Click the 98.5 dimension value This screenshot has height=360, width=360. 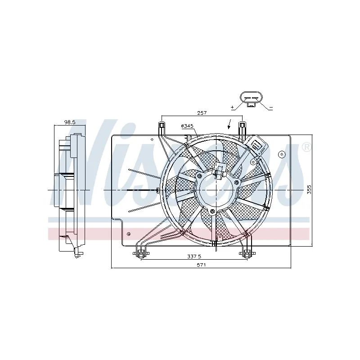tap(70, 122)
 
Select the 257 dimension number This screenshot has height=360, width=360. tap(202, 113)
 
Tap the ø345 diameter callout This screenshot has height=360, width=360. tap(187, 126)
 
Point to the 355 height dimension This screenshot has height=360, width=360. tap(309, 189)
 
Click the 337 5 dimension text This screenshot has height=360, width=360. tap(194, 256)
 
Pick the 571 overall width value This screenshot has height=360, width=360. tap(201, 265)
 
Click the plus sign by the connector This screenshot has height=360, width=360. tap(232, 107)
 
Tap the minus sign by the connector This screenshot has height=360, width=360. tap(271, 107)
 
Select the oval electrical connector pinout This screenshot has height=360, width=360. tap(251, 98)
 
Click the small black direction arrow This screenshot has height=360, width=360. tap(229, 124)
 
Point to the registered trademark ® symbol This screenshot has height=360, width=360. tap(307, 147)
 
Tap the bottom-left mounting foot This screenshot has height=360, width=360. tap(141, 253)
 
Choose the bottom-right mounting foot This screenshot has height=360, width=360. tap(247, 253)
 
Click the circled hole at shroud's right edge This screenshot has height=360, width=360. tap(282, 154)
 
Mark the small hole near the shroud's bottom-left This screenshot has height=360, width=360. tap(129, 234)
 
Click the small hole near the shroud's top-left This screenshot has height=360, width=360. tap(152, 139)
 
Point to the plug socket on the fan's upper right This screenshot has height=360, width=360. tap(256, 145)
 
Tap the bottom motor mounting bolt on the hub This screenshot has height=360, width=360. tap(212, 211)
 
